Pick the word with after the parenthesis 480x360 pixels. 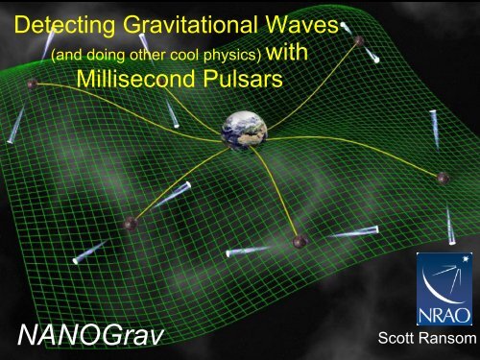(288, 55)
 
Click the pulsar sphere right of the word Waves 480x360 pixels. (359, 40)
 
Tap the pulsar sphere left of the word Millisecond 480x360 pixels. (33, 84)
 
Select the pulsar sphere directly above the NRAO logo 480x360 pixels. (443, 178)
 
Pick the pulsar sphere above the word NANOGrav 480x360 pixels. (131, 224)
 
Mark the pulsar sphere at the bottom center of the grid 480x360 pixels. (300, 240)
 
